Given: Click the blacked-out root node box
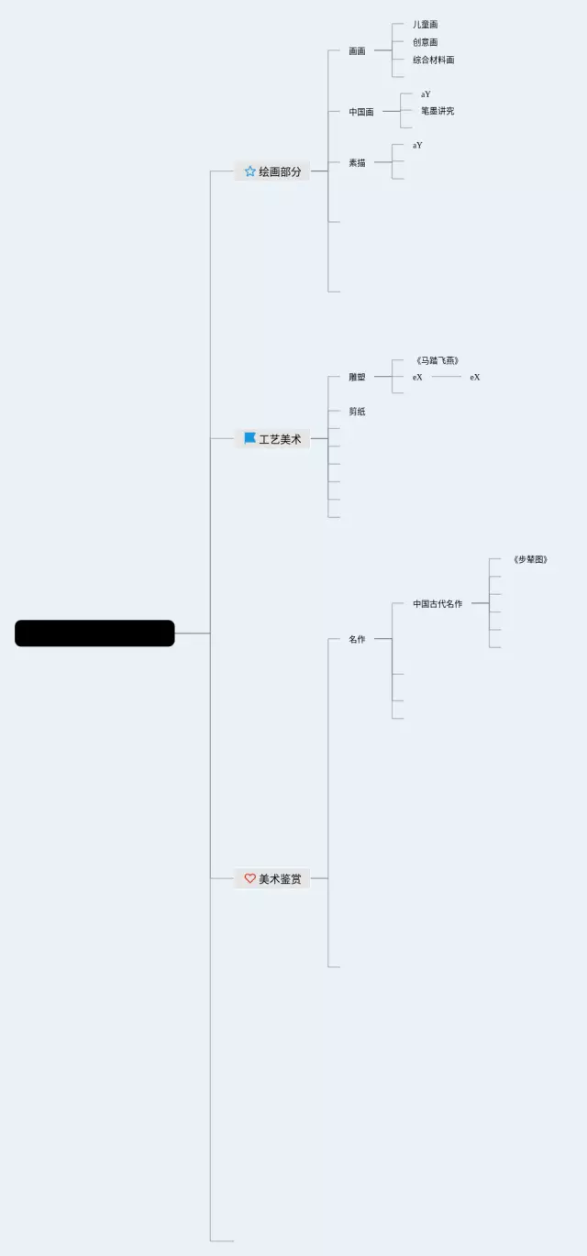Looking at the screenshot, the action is (x=94, y=634).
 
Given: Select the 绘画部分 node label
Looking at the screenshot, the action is (x=280, y=171).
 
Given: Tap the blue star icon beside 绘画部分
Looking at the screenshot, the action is (x=249, y=171).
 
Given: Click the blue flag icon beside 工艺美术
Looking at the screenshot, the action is (x=249, y=438).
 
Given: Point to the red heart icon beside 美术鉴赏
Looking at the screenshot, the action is (x=249, y=878).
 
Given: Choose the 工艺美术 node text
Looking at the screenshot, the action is (x=280, y=439).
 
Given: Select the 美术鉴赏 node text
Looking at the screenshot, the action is (x=280, y=879).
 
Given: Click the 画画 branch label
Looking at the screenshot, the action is (x=357, y=51).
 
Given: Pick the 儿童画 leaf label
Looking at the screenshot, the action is (x=425, y=25).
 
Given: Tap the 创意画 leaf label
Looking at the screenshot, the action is (x=425, y=42).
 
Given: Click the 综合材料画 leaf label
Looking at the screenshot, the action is (x=433, y=60).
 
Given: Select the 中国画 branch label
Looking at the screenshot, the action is (x=361, y=112).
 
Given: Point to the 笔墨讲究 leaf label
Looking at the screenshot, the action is (x=437, y=111).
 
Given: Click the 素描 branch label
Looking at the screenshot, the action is (x=357, y=162).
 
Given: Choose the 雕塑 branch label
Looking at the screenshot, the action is (x=357, y=377).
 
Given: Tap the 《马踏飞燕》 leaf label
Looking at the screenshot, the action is (x=437, y=360).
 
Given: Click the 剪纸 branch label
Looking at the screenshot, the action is (x=357, y=412).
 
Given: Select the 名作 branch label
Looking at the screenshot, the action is (x=357, y=639).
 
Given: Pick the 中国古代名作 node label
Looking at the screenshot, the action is (x=437, y=604).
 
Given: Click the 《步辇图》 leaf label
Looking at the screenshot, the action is (x=531, y=559).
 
